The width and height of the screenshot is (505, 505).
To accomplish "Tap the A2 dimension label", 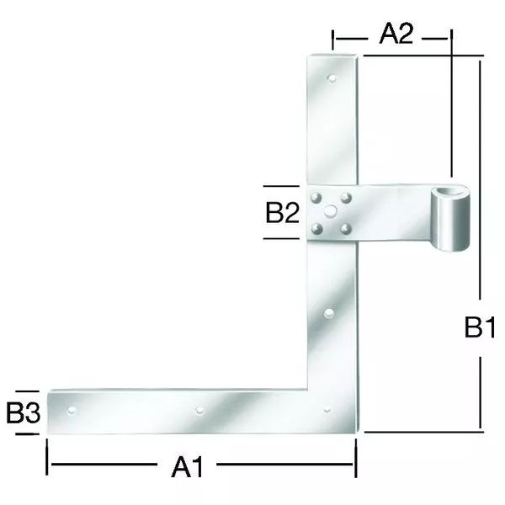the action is (x=396, y=34).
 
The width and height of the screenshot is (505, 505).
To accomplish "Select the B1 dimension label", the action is (x=480, y=327).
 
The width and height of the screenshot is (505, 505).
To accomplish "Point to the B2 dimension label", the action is (x=282, y=212).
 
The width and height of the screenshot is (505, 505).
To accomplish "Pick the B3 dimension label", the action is (x=24, y=412).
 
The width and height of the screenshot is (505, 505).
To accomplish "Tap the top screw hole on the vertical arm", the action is (x=332, y=78).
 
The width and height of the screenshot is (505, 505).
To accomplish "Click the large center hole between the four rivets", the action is (x=331, y=211).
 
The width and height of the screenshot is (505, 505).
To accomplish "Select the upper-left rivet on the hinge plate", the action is (x=316, y=198).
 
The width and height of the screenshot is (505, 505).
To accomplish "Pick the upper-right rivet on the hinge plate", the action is (x=346, y=198).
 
